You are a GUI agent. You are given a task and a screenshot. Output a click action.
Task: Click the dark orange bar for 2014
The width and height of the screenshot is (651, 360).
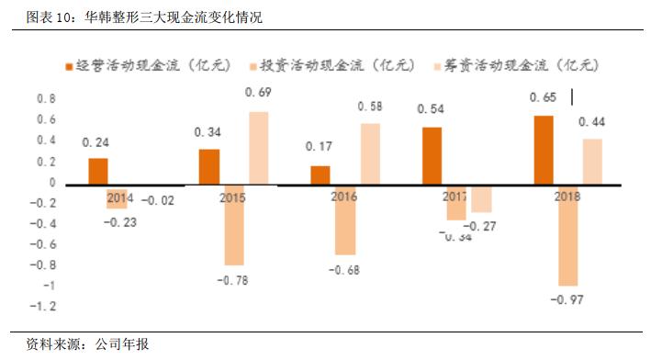98,171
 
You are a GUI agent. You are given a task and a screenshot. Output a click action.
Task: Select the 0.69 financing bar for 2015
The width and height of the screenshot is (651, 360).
258,148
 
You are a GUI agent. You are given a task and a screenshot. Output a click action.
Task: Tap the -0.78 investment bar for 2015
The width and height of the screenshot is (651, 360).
234,225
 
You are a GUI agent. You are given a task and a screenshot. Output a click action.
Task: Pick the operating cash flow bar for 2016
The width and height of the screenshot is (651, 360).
320,174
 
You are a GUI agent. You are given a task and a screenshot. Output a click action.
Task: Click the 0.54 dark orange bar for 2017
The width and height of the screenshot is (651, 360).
432,155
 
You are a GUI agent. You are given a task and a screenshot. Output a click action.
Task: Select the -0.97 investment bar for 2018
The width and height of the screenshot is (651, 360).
567,235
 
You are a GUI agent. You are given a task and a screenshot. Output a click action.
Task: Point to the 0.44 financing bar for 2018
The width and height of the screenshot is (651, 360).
592,162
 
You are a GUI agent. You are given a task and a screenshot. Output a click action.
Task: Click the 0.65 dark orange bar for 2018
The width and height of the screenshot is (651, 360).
544,150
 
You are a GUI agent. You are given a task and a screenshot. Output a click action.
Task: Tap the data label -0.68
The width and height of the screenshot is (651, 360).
344,269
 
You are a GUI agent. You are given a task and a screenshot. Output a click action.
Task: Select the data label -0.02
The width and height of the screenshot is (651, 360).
161,199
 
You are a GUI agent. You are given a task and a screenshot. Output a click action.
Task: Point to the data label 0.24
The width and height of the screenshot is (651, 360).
95,143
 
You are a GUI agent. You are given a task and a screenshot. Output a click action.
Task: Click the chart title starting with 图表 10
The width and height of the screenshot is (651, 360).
138,17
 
